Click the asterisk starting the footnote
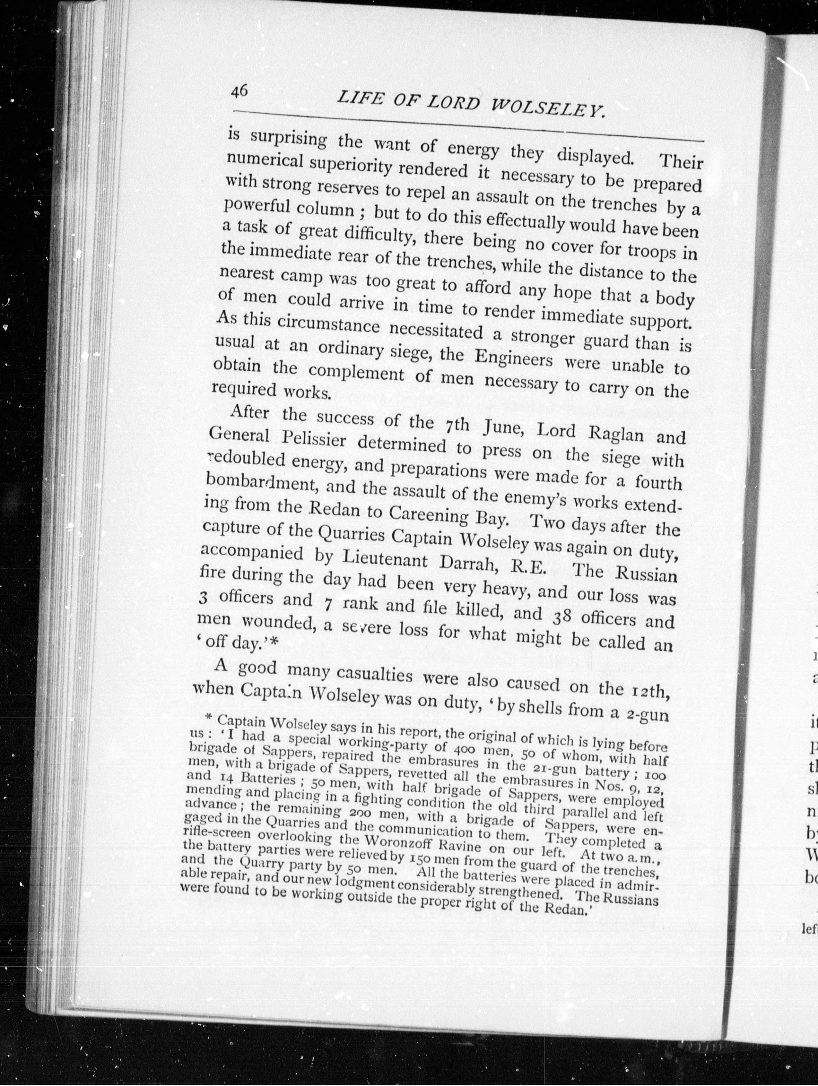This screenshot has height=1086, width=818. (208, 717)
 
